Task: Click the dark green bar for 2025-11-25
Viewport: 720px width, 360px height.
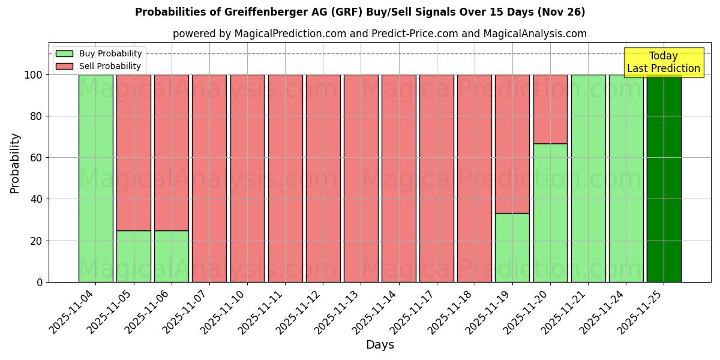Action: pos(664,178)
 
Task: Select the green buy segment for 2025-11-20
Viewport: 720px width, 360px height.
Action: pos(550,212)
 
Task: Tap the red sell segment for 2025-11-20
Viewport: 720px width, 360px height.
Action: pos(550,109)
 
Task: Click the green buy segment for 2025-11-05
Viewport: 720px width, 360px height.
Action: pos(134,256)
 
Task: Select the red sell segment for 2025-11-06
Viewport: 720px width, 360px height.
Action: pos(172,152)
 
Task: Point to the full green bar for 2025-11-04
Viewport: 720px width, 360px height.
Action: pos(96,178)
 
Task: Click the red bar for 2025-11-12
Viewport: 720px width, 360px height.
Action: pos(323,178)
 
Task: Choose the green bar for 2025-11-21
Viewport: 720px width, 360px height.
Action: pos(588,178)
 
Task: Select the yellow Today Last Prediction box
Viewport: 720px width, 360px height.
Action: pos(663,62)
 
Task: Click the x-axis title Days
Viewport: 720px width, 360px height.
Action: pos(380,345)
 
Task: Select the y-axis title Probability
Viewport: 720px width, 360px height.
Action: pos(15,163)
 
